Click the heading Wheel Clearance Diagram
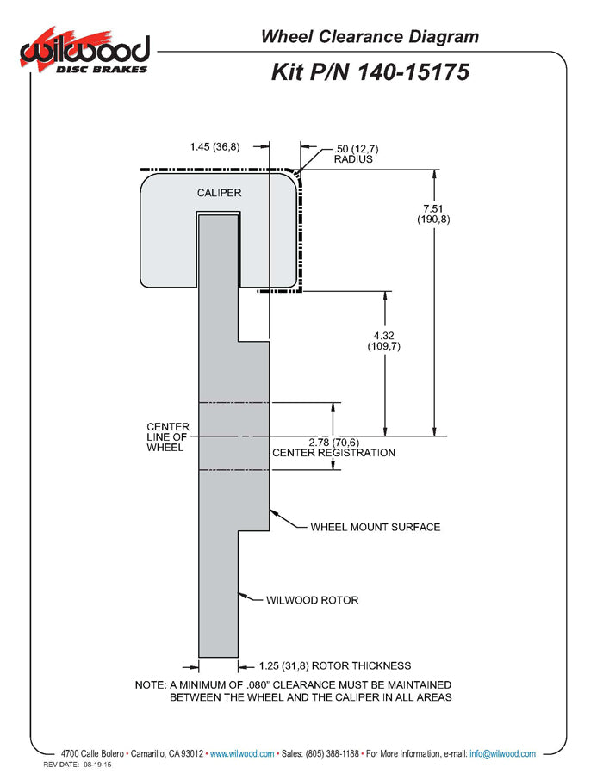370,36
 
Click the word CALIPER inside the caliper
219,193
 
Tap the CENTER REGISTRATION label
333,453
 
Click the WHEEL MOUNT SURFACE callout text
375,527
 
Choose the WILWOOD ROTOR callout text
312,600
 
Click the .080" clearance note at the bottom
294,690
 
